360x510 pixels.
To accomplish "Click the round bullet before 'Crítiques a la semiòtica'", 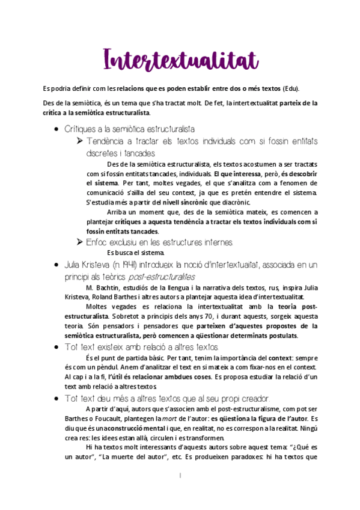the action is pos(56,129).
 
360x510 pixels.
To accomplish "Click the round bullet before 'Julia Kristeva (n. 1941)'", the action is pos(56,265).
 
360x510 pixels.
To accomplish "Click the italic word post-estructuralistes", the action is pos(162,277).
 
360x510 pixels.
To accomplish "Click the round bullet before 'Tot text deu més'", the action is pos(56,399).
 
